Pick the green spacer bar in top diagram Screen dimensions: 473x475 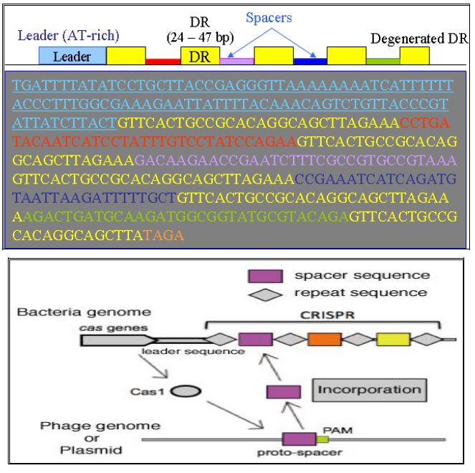tap(383, 62)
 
